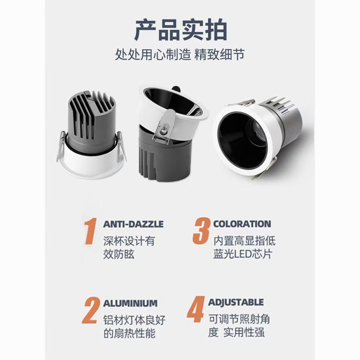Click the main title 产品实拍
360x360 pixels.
(x=180, y=31)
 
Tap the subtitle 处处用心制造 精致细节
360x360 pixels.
(x=180, y=55)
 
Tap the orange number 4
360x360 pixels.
(x=196, y=310)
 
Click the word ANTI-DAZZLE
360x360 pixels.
(x=133, y=224)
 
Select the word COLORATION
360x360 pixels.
(x=242, y=224)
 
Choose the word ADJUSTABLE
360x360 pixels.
(x=236, y=302)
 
